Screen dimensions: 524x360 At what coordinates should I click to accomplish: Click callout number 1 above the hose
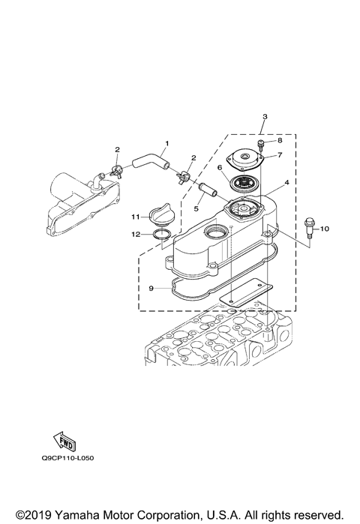[x=167, y=143]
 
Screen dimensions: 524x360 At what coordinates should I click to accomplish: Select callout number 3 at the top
[x=265, y=118]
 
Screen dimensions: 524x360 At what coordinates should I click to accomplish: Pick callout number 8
[x=280, y=140]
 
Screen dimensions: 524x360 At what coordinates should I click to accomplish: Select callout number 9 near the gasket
[x=150, y=287]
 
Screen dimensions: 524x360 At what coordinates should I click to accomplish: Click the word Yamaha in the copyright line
[x=73, y=515]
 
